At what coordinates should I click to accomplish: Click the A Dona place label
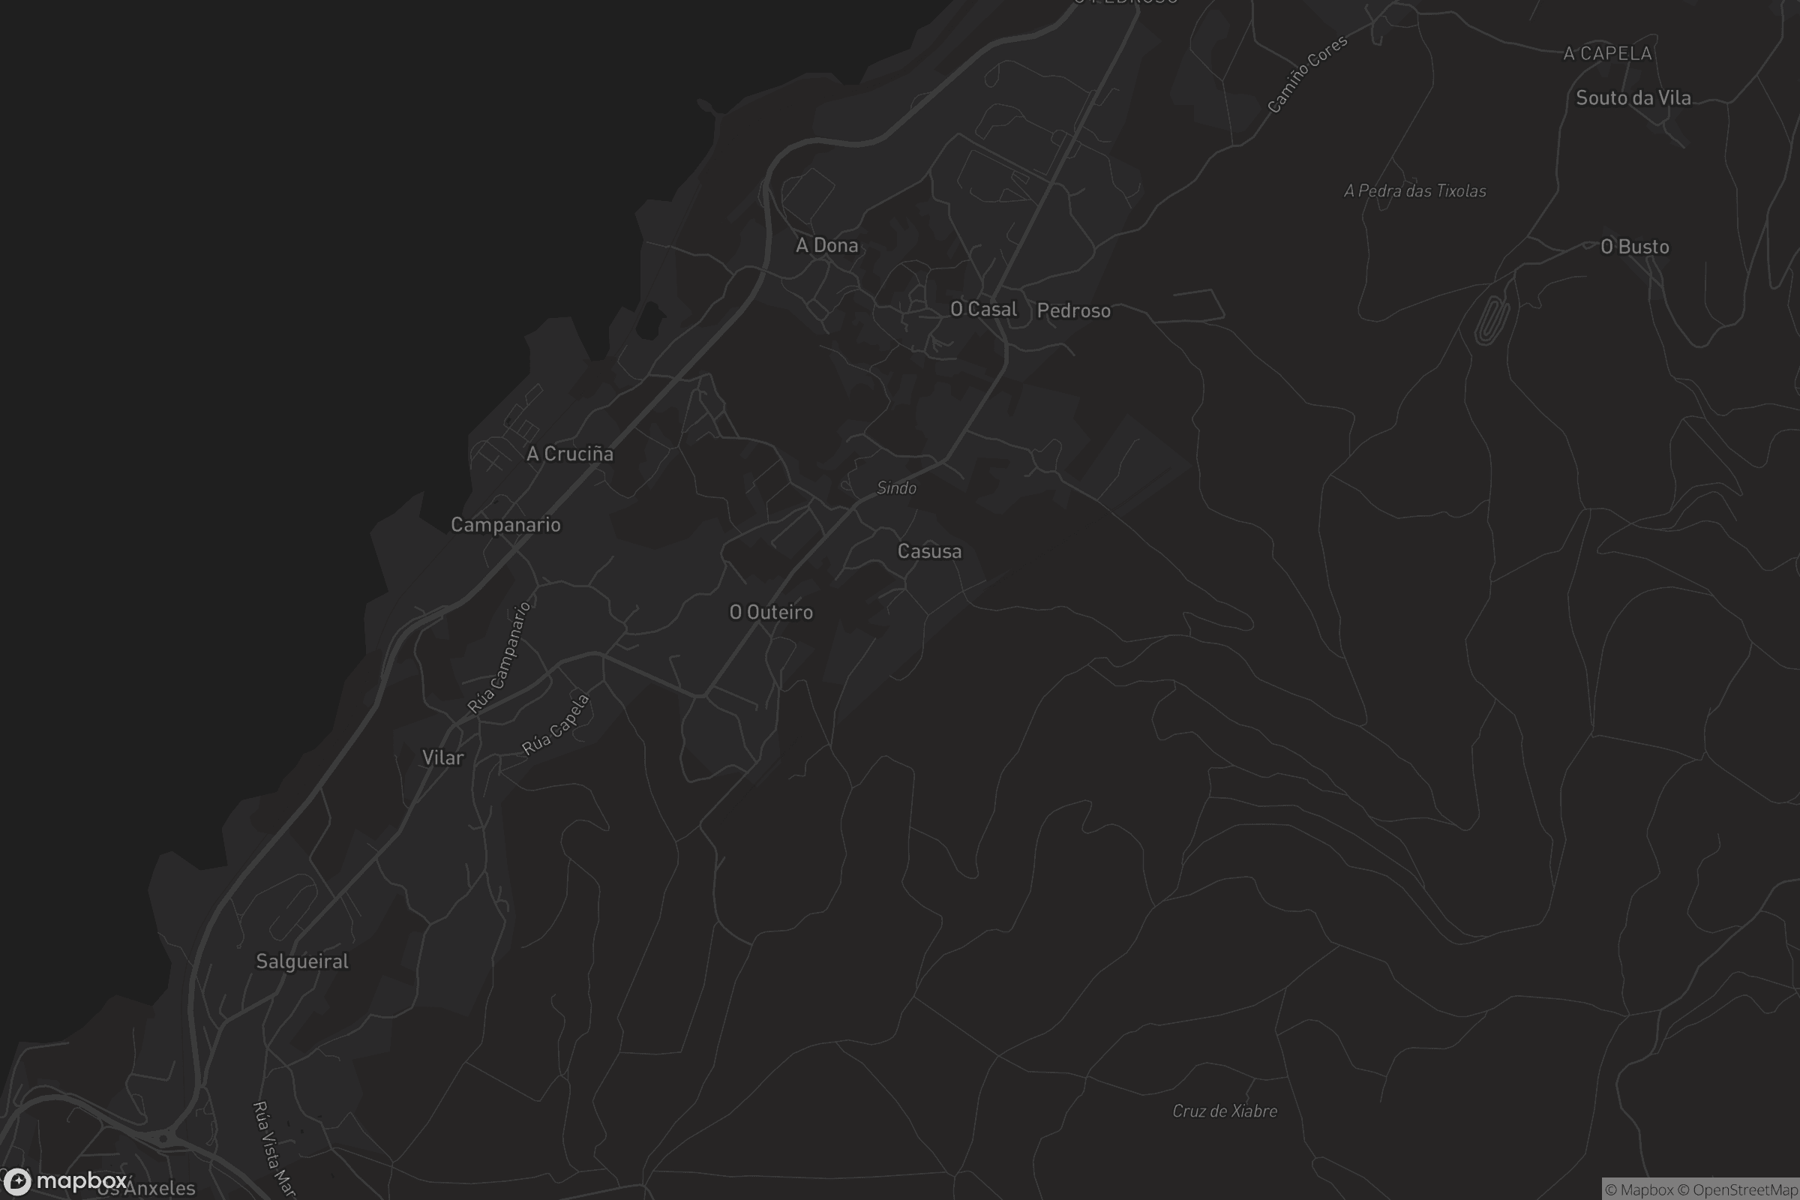coord(826,246)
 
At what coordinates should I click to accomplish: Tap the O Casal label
coord(983,309)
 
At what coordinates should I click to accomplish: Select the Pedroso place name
coord(1073,310)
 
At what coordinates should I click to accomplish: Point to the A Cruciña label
coord(569,454)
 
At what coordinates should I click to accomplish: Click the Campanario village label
coord(505,525)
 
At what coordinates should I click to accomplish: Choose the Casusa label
coord(929,552)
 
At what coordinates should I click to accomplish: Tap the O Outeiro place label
coord(771,612)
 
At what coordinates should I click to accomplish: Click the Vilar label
coord(442,757)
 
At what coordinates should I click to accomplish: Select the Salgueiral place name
coord(301,961)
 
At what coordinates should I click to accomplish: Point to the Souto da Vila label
coord(1633,98)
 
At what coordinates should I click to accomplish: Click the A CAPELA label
coord(1607,53)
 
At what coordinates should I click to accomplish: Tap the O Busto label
coord(1635,247)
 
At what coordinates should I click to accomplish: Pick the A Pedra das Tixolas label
coord(1414,191)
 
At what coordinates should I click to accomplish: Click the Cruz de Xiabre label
coord(1225,1111)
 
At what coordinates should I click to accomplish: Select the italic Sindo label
coord(896,488)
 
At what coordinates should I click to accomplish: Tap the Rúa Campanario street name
coord(499,658)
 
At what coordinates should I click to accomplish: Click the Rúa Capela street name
coord(556,724)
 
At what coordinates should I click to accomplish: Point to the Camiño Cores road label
coord(1306,75)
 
